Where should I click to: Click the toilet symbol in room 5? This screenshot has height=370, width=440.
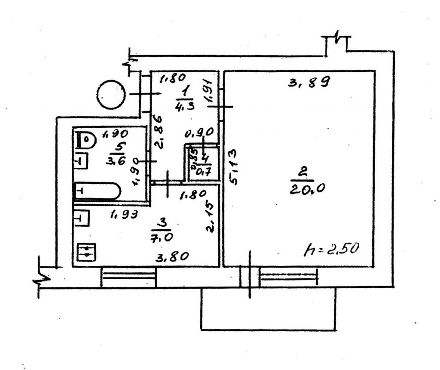click(x=86, y=140)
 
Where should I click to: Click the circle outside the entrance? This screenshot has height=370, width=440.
click(x=111, y=95)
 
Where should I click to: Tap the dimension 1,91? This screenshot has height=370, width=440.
click(x=211, y=91)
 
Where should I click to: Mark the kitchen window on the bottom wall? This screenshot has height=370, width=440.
click(x=128, y=277)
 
